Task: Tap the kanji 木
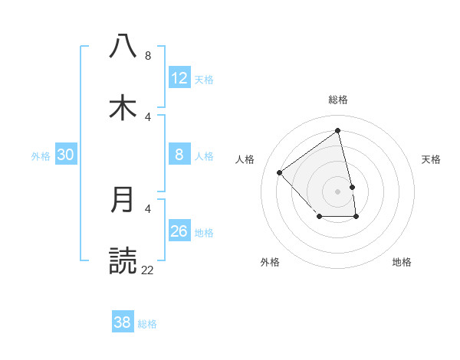123,106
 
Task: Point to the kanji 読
123,260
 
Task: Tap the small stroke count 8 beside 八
147,55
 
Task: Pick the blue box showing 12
179,78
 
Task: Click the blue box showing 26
179,231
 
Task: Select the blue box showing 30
66,155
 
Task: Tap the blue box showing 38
123,322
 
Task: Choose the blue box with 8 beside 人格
179,155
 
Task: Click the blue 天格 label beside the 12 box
204,80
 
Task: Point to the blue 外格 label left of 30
41,156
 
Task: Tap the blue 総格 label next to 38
147,324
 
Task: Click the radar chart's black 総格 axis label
338,100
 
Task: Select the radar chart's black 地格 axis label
402,262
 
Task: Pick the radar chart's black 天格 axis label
431,159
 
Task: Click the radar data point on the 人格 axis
280,172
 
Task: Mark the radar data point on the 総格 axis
338,131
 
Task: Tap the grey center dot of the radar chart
338,191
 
